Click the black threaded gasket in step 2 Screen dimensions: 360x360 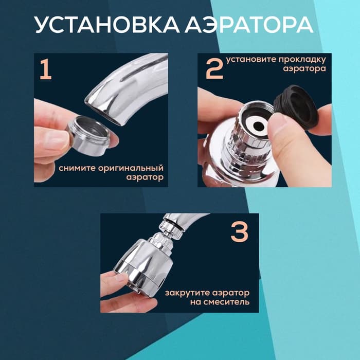point(295,105)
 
